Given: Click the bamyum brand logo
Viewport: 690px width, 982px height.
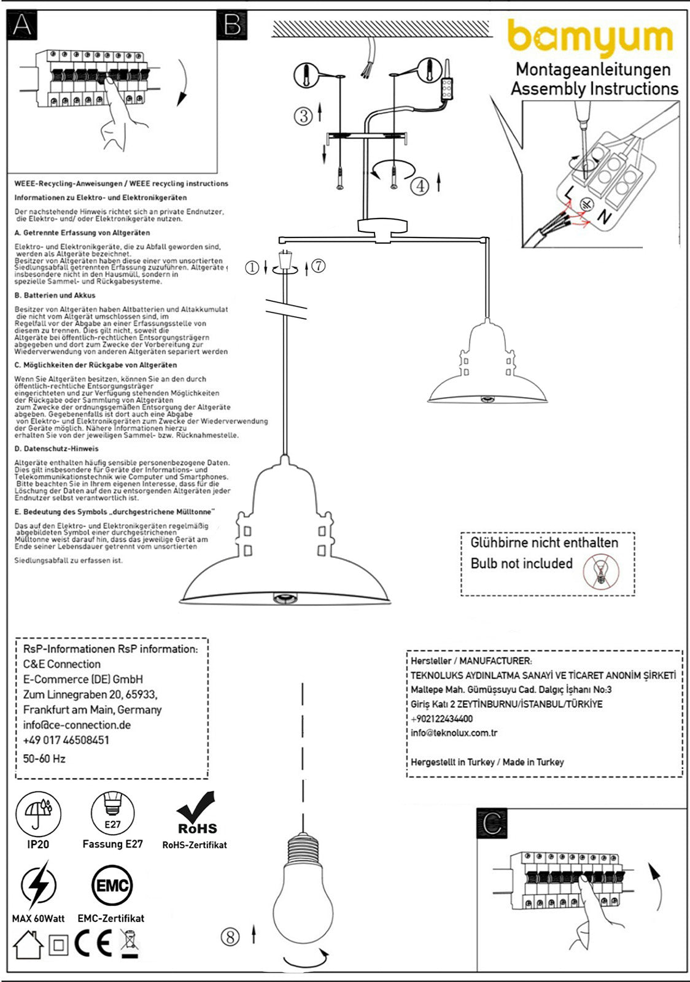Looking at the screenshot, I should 590,39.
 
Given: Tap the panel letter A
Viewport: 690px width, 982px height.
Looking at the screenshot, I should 22,25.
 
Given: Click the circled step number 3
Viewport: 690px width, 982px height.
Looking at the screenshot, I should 303,115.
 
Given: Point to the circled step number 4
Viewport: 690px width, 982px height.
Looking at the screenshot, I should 419,185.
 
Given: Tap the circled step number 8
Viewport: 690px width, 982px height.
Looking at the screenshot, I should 230,937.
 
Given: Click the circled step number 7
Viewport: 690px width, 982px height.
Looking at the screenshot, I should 318,266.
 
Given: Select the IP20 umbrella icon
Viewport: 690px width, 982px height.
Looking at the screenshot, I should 38,814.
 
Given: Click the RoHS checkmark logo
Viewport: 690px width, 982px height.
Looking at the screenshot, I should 196,813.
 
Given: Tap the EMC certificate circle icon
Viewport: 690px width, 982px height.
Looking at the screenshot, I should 112,886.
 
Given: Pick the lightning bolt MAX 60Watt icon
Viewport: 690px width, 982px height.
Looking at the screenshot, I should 38,885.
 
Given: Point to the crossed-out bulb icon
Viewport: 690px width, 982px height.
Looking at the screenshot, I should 602,570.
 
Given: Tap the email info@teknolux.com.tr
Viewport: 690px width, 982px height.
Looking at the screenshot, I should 454,733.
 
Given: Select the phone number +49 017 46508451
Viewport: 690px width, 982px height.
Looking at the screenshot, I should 66,740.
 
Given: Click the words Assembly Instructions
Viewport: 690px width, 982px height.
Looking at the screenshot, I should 594,89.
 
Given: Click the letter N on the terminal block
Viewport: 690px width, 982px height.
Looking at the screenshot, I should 605,216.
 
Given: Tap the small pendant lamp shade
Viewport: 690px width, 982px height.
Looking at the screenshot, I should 487,368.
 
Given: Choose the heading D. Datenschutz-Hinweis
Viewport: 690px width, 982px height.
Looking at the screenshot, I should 56,449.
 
